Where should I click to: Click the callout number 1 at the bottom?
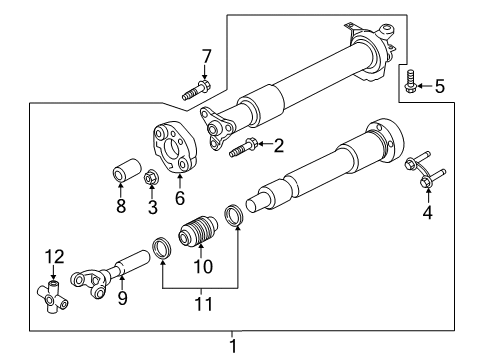point(233,346)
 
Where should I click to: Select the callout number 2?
point(279,146)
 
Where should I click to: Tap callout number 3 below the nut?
point(152,207)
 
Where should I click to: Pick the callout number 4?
point(428,211)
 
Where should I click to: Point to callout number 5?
point(439,87)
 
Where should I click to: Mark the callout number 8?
point(121,207)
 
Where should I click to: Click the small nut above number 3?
point(152,178)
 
